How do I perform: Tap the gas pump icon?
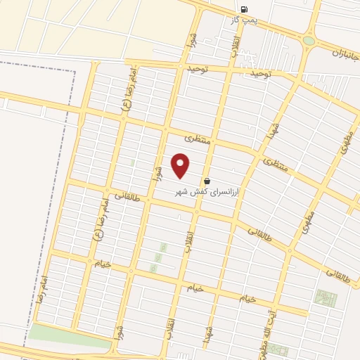pos(244,9)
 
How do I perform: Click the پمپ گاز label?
pos(244,20)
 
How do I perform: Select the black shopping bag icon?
pos(207,181)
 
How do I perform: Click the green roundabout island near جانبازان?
pos(309,41)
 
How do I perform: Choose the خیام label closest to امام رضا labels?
pos(103,264)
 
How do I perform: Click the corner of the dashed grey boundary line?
pos(75,72)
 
